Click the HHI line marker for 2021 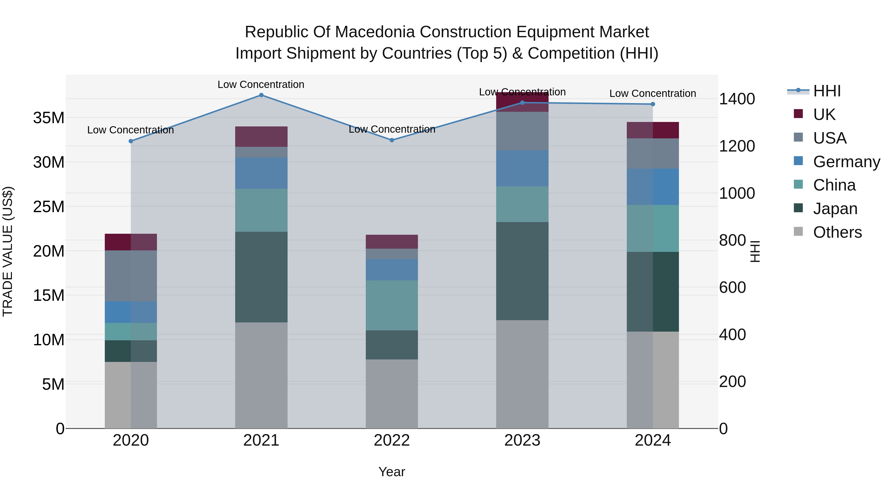point(261,95)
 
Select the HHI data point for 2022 point(392,140)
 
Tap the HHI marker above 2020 point(131,141)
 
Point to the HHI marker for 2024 point(653,104)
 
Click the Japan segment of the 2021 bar point(261,277)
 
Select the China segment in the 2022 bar point(392,306)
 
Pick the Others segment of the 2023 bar point(522,374)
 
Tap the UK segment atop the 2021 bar point(261,137)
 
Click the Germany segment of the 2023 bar point(522,168)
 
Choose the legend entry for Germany point(846,162)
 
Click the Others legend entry point(837,232)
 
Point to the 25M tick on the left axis point(49,207)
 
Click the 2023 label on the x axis point(522,440)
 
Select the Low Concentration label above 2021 point(261,84)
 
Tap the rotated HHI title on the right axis point(755,251)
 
